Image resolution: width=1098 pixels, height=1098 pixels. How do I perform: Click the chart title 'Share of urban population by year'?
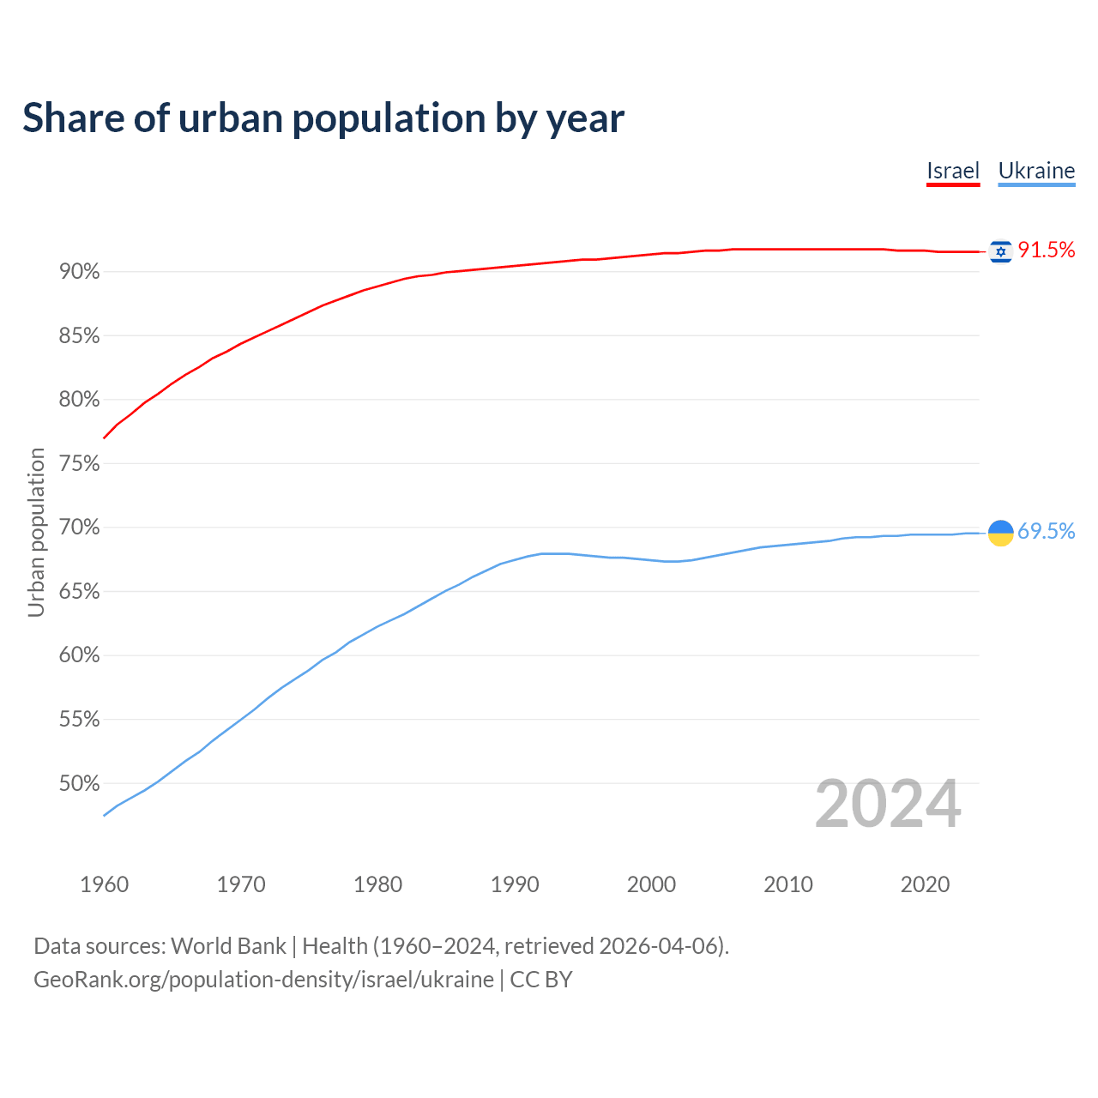(x=323, y=118)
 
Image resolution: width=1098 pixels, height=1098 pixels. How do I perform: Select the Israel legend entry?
(x=953, y=171)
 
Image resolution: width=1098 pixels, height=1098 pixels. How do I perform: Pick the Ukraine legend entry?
(x=1036, y=171)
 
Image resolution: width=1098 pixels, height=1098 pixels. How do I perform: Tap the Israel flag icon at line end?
(x=1000, y=251)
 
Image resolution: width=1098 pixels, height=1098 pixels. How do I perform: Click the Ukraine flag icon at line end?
(x=1000, y=533)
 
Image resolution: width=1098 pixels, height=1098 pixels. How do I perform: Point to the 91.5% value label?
(x=1046, y=250)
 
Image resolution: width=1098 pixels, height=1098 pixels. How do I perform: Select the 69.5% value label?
(x=1046, y=532)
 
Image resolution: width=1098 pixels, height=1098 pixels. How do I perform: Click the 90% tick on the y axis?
(x=80, y=272)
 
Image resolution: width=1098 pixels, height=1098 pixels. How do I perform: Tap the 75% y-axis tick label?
(x=80, y=464)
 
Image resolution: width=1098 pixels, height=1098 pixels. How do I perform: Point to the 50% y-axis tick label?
(x=80, y=783)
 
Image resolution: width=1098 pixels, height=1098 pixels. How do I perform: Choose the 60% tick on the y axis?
(x=80, y=655)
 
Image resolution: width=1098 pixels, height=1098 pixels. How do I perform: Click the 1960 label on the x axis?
(x=104, y=884)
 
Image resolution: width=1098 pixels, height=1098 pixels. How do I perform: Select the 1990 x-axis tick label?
(x=515, y=884)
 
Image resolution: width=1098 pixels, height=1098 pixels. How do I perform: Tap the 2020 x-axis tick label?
(x=925, y=884)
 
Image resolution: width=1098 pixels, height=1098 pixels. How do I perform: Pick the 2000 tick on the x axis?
(x=651, y=884)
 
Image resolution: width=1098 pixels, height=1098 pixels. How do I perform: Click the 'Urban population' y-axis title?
(x=36, y=533)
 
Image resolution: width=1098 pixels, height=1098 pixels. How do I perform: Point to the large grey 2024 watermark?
(x=888, y=804)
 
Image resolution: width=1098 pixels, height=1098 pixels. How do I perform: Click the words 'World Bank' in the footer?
(x=228, y=946)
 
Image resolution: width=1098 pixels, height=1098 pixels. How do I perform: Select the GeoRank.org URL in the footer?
(x=263, y=980)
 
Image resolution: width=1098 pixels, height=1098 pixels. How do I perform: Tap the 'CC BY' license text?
(x=541, y=980)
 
